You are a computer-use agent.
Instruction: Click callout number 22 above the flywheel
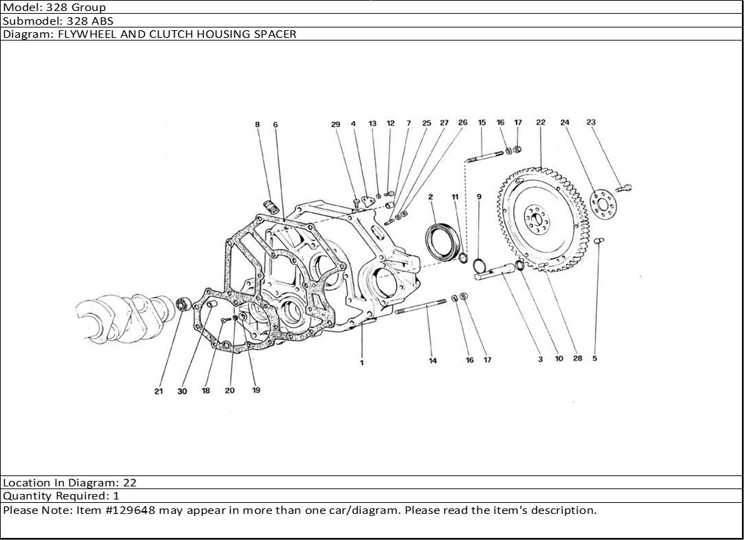[541, 123]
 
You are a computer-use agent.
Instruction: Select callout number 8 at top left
[258, 124]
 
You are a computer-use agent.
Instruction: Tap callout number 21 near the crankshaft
[159, 391]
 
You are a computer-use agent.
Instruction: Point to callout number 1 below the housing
[362, 363]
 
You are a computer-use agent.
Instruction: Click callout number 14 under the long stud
[433, 361]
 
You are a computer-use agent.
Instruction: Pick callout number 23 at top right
[591, 123]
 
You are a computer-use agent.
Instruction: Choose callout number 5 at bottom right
[595, 359]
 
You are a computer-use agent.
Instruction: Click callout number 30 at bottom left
[182, 391]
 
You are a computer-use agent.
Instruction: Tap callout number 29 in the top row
[335, 124]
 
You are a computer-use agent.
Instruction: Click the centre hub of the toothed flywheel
[537, 219]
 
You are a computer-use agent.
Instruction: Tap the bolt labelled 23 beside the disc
[624, 187]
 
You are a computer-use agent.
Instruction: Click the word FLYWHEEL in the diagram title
[82, 34]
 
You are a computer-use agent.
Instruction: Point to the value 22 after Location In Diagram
[129, 483]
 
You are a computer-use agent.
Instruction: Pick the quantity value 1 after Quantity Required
[116, 496]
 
